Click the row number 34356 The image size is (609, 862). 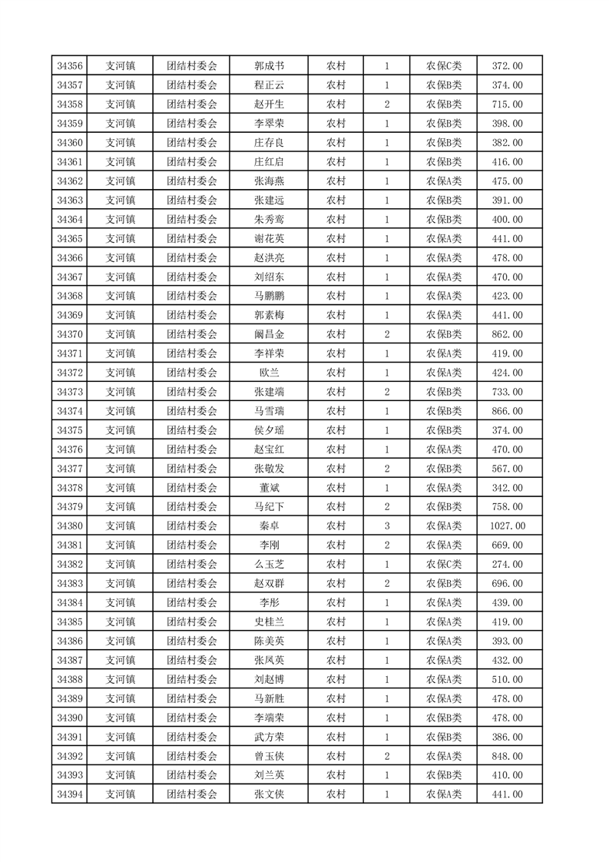click(x=70, y=66)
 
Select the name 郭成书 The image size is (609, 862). click(x=269, y=66)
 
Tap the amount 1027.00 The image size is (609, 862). click(x=507, y=525)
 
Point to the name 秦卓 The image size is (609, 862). click(x=269, y=525)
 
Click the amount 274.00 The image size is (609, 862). click(x=507, y=564)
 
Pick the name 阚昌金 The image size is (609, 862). click(x=269, y=334)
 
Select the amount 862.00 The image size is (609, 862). click(x=507, y=334)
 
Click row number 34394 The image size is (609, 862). click(x=70, y=794)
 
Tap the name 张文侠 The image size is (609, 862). click(x=269, y=794)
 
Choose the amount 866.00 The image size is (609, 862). click(x=507, y=411)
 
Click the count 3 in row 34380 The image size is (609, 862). click(x=386, y=525)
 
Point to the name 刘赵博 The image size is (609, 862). click(x=269, y=679)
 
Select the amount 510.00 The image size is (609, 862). click(x=507, y=679)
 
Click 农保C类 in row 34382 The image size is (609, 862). click(x=444, y=564)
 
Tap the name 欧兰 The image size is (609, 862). click(x=269, y=373)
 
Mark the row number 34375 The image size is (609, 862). click(x=70, y=430)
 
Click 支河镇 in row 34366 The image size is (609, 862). click(x=121, y=257)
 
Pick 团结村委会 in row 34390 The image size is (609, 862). click(x=192, y=718)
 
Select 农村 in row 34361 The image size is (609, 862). click(x=336, y=162)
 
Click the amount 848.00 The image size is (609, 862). click(x=507, y=755)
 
